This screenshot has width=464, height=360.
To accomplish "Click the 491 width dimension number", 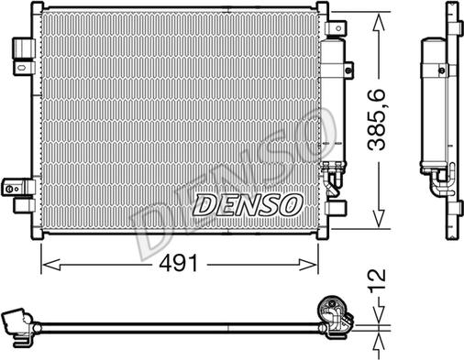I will click(x=181, y=264).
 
